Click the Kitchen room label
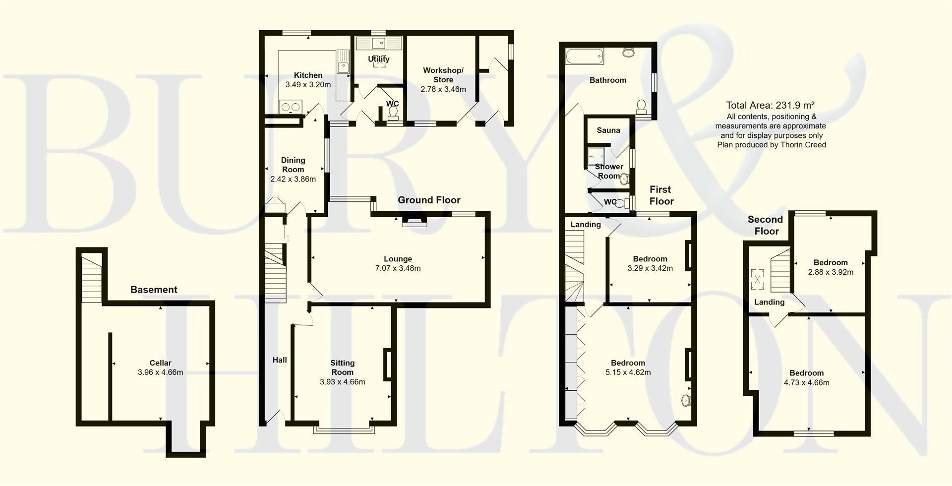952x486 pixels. click(x=308, y=75)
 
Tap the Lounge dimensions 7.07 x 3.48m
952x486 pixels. click(x=398, y=268)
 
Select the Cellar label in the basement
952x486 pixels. click(x=160, y=363)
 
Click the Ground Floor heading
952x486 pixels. click(x=429, y=200)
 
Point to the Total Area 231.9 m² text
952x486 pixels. click(x=771, y=105)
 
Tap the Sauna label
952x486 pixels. click(x=608, y=130)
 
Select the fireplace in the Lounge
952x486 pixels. click(x=414, y=220)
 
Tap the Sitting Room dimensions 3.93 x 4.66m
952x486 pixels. click(x=342, y=382)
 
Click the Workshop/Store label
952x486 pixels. click(x=443, y=75)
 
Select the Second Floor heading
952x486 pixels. click(x=765, y=225)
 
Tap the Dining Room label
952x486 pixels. click(x=293, y=165)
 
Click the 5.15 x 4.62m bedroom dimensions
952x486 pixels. click(x=628, y=372)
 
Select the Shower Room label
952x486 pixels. click(x=609, y=171)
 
